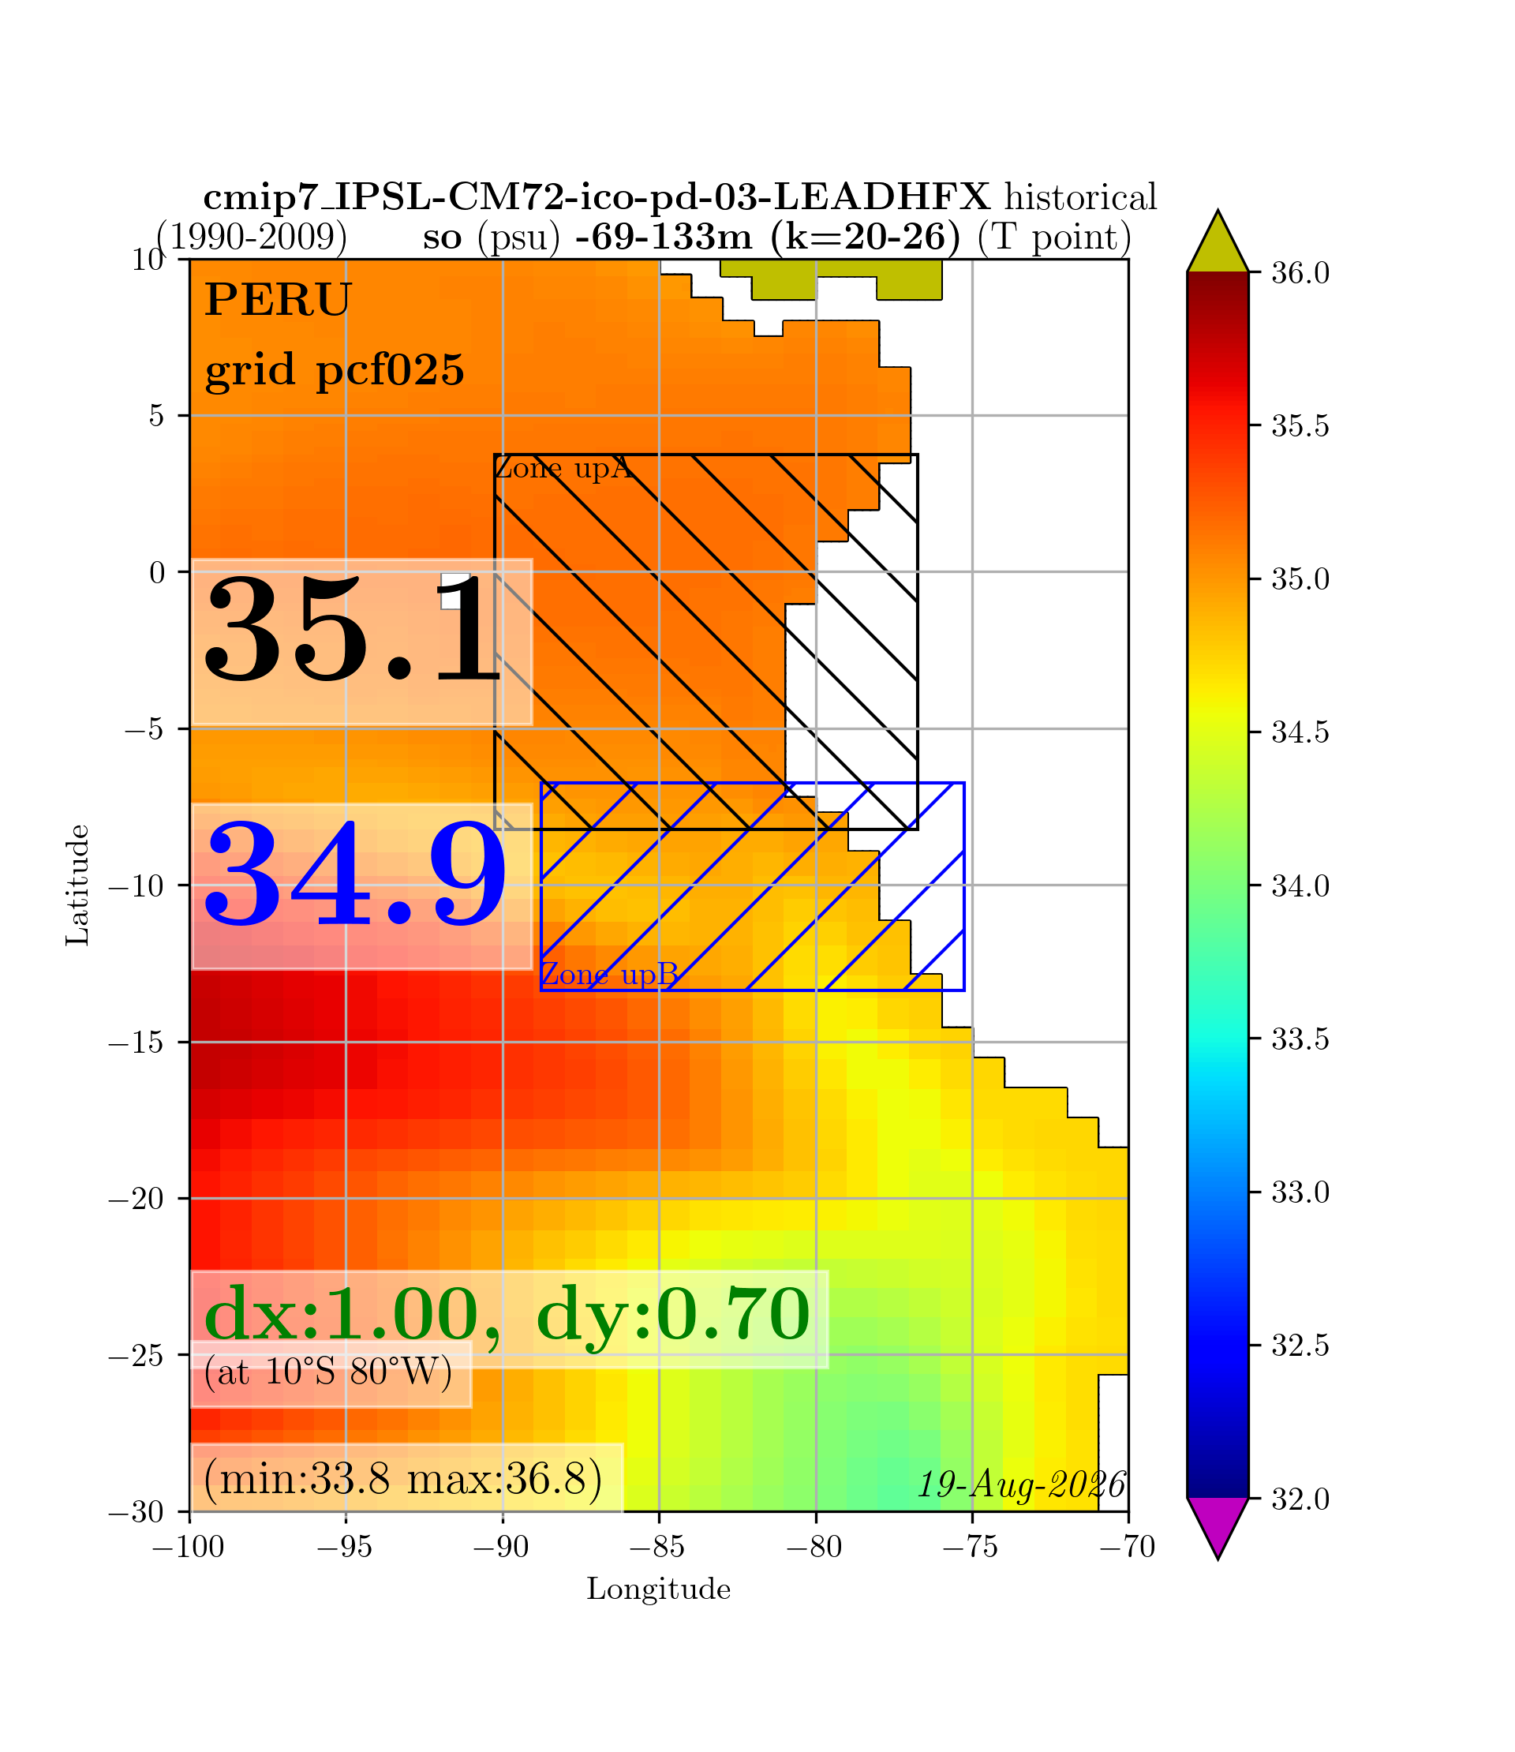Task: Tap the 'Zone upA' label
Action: (563, 467)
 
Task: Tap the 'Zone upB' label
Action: (609, 975)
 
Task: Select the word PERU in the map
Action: (277, 300)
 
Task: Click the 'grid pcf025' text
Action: (335, 370)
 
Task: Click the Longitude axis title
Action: (659, 1589)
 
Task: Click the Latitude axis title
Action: (78, 885)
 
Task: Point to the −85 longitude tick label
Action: (659, 1548)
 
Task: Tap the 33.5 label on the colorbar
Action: (1300, 1039)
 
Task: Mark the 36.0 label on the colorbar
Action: (1300, 273)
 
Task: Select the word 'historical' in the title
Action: (1080, 198)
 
